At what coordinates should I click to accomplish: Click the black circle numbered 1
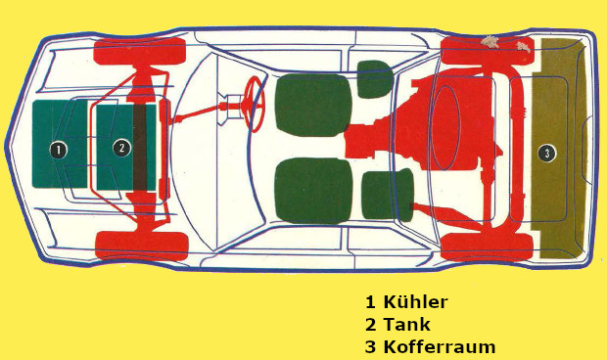pyautogui.click(x=59, y=150)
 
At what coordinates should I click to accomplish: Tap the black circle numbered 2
pyautogui.click(x=122, y=148)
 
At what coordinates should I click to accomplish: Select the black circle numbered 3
pyautogui.click(x=547, y=154)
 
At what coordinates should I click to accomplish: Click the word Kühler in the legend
pyautogui.click(x=415, y=302)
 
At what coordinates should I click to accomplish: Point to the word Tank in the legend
pyautogui.click(x=406, y=324)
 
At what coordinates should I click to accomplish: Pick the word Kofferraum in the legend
pyautogui.click(x=440, y=346)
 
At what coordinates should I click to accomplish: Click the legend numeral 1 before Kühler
pyautogui.click(x=370, y=302)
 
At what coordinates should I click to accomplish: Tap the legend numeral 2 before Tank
pyautogui.click(x=370, y=325)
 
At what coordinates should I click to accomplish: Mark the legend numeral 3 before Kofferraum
pyautogui.click(x=370, y=347)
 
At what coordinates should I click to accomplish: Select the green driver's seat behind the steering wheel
pyautogui.click(x=313, y=106)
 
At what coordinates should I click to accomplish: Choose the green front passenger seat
pyautogui.click(x=313, y=191)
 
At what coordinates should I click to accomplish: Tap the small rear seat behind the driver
pyautogui.click(x=375, y=79)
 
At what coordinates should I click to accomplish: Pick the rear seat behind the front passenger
pyautogui.click(x=388, y=195)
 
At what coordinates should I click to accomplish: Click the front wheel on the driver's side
pyautogui.click(x=140, y=51)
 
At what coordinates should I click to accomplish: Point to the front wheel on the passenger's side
pyautogui.click(x=142, y=246)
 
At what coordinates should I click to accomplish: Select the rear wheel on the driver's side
pyautogui.click(x=488, y=50)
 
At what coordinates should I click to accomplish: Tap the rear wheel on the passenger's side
pyautogui.click(x=487, y=247)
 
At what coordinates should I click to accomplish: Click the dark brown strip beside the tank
pyautogui.click(x=140, y=148)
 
